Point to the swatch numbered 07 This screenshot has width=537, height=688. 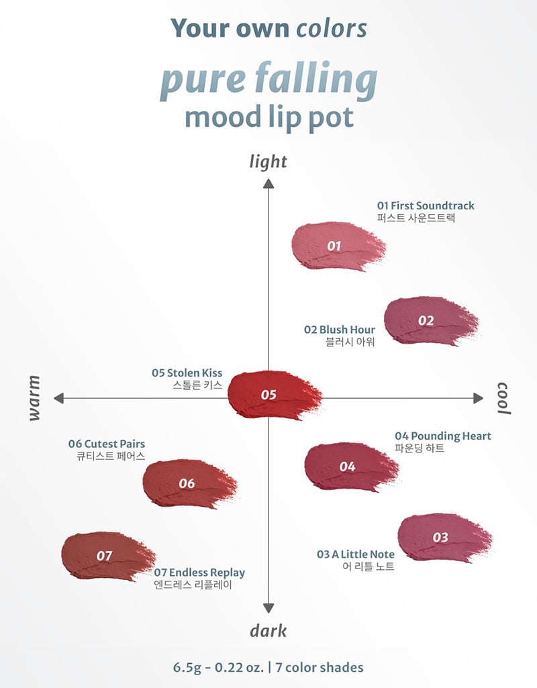[106, 556]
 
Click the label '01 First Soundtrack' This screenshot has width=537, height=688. [426, 205]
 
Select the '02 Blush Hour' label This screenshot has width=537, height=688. [339, 330]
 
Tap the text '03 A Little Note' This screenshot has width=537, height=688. [356, 554]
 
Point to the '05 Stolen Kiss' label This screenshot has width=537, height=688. [187, 373]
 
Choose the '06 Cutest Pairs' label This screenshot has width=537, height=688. [106, 444]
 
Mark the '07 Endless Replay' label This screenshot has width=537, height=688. [199, 573]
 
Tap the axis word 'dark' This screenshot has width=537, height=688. [268, 630]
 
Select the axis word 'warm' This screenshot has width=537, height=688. [35, 398]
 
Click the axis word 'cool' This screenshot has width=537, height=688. [503, 398]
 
